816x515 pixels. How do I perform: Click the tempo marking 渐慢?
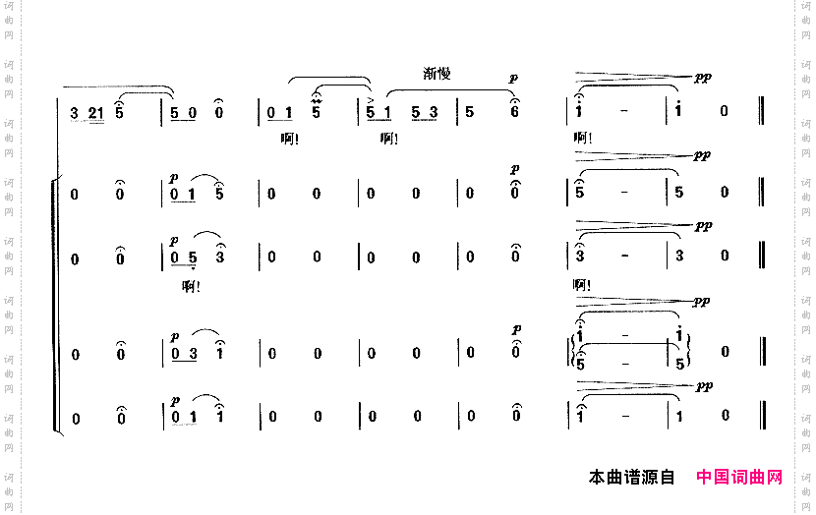coord(437,74)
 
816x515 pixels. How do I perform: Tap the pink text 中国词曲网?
coord(739,478)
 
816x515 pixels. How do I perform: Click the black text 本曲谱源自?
coord(631,478)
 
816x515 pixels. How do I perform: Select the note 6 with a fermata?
coord(514,112)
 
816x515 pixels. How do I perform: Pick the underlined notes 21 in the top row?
coord(95,112)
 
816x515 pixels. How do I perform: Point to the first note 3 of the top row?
coord(75,112)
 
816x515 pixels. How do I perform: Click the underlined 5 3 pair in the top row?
coord(425,112)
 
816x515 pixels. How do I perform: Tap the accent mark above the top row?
coord(371,100)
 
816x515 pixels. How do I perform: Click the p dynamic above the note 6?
coord(514,78)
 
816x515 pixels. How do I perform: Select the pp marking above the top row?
coord(703,77)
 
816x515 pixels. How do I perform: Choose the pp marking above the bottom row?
coord(703,386)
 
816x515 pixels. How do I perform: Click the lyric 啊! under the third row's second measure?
coord(192,286)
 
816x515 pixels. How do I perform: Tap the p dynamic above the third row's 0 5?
coord(174,239)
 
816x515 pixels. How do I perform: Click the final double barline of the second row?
coord(763,193)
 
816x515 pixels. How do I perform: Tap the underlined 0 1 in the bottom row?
coord(184,418)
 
